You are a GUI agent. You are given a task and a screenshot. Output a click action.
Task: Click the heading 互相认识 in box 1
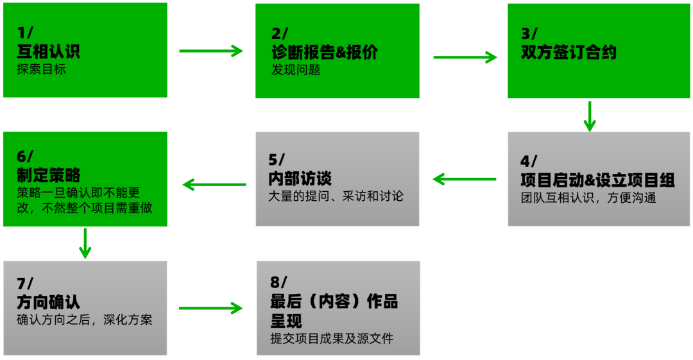(48, 52)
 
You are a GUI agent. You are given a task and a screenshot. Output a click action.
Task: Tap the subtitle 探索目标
(41, 69)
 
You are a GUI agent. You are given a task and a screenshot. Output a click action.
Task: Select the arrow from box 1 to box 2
(210, 51)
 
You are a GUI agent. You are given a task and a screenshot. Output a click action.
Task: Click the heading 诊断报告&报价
(325, 52)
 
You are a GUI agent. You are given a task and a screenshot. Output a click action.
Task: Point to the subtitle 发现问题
(296, 69)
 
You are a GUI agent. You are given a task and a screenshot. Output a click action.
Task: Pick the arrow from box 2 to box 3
(465, 57)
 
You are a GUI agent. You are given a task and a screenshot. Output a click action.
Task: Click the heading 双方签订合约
(569, 52)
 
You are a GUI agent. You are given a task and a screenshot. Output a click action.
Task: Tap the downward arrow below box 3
(590, 116)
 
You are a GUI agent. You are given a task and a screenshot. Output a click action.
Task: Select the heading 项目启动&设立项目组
(597, 180)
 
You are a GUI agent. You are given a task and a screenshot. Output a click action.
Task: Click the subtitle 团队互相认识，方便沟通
(588, 198)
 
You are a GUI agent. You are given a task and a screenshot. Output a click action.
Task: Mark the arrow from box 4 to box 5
(465, 178)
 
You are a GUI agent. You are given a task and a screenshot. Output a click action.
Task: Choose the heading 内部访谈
(300, 178)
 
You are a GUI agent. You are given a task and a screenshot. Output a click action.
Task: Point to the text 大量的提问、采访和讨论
(336, 196)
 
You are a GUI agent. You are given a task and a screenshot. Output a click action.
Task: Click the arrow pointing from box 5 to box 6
(214, 185)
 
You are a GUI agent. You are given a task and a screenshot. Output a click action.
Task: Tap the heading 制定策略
(48, 175)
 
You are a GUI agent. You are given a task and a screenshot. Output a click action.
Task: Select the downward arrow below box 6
(85, 243)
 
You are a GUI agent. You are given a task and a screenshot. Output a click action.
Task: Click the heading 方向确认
(48, 302)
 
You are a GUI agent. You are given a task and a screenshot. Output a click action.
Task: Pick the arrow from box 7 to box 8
(210, 309)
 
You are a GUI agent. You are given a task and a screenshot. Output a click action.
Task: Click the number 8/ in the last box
(279, 282)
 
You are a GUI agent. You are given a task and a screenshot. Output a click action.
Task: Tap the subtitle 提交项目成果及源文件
(332, 338)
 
